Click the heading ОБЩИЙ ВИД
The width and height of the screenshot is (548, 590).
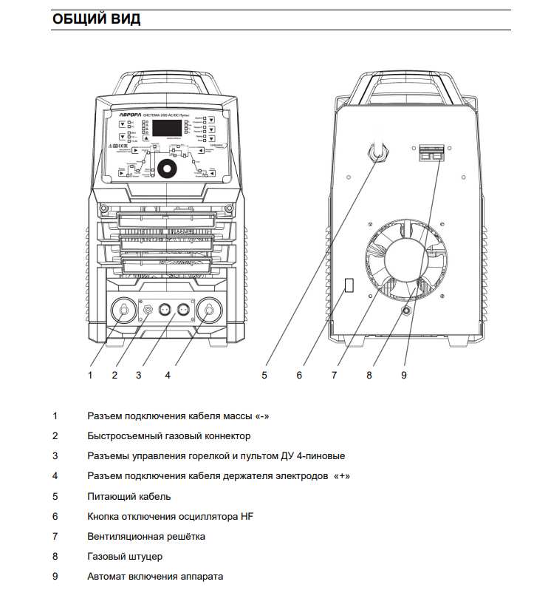point(96,19)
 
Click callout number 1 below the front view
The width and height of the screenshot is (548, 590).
point(90,375)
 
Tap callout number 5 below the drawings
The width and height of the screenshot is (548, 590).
point(264,375)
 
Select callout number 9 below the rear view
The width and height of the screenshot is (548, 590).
point(404,375)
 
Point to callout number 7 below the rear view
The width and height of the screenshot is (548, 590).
point(334,375)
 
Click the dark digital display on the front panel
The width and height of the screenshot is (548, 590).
point(167,126)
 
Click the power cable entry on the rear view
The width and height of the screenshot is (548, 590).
point(379,151)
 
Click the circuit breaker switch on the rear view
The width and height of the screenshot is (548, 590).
point(431,152)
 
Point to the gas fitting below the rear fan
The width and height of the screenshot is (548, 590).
point(406,311)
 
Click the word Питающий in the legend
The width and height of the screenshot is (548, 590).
point(110,496)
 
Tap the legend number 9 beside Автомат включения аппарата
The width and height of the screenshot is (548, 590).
point(55,576)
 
